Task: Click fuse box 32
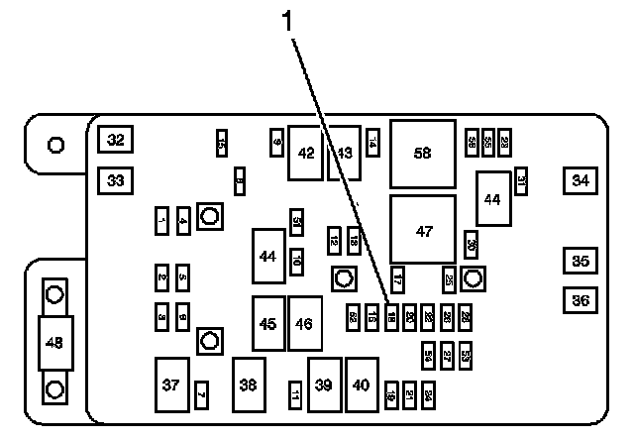116,141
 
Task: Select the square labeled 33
116,180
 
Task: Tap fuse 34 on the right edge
581,180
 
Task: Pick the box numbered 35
581,262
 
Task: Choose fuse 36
581,299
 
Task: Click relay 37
171,385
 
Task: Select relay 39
324,385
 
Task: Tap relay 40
362,385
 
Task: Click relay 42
306,154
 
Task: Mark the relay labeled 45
267,323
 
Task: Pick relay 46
305,323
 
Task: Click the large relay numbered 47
423,231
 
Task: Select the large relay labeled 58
423,154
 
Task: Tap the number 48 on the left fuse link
54,342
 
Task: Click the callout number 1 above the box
290,21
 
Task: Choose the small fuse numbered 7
201,394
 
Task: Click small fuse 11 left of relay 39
295,394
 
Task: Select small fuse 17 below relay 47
398,279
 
